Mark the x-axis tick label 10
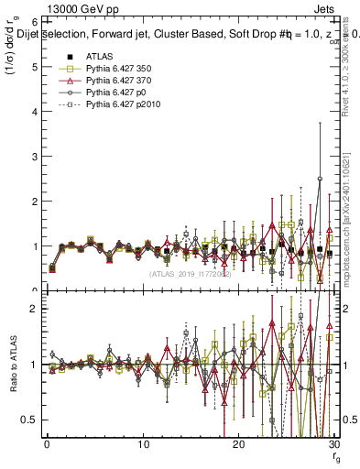coord(143,444)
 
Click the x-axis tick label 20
coord(238,444)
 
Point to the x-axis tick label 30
coord(333,444)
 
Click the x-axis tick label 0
coord(47,444)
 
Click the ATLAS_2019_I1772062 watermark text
coord(191,274)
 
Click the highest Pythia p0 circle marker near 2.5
coord(320,179)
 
